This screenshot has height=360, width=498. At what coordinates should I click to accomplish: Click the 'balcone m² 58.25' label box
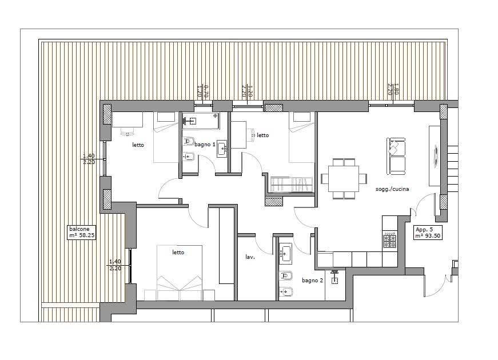pos(82,232)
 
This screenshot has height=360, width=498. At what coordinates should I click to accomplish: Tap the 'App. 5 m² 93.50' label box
pos(428,233)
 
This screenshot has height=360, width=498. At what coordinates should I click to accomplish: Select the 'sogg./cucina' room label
pos(392,189)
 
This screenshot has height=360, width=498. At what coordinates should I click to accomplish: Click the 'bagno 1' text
pos(205,145)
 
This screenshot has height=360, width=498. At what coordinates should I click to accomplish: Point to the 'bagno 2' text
pos(312,281)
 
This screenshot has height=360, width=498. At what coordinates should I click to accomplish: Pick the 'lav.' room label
pos(250,257)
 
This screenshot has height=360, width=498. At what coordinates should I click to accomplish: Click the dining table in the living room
pos(344,178)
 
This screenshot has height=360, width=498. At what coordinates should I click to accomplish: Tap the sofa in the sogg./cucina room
pos(396,156)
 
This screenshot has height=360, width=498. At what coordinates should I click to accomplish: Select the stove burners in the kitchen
pos(390,240)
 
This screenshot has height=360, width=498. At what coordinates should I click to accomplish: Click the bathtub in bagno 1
pos(201,121)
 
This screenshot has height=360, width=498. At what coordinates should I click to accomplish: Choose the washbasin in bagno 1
pos(222,149)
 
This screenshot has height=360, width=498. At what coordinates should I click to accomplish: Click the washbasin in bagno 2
pos(285,253)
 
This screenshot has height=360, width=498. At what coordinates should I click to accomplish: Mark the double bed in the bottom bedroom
pos(180,273)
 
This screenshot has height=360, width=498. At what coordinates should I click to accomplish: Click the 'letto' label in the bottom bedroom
pos(178,253)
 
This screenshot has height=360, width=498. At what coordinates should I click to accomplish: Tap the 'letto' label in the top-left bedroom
pos(138,145)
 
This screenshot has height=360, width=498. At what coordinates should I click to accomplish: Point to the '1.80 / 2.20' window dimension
pos(393,90)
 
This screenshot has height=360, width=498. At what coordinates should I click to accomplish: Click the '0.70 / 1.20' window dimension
pos(202,91)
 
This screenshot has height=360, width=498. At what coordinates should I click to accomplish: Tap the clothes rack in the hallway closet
pos(292,185)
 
